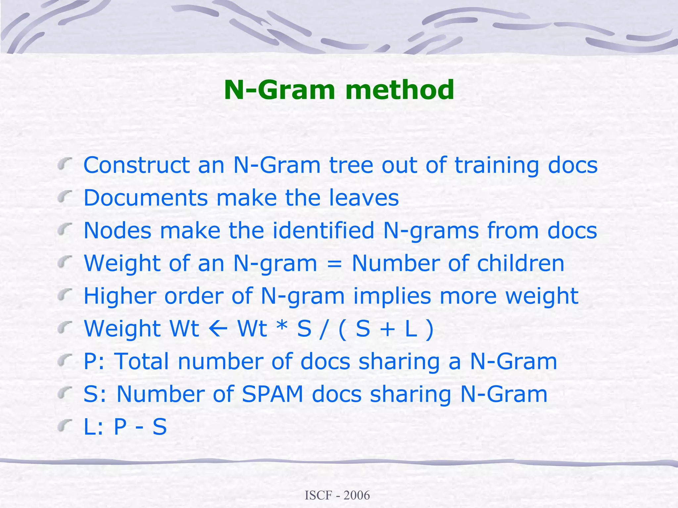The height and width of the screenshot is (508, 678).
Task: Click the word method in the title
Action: point(400,90)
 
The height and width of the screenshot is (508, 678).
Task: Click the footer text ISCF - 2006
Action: point(337,495)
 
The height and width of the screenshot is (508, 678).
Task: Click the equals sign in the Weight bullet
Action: point(334,264)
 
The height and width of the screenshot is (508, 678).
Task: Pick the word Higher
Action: point(120,296)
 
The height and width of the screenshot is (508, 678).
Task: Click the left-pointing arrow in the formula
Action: point(218,329)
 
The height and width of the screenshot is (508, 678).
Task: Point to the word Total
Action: point(142,361)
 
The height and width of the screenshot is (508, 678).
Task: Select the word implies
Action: point(392,296)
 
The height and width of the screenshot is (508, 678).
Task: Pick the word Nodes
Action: point(118,230)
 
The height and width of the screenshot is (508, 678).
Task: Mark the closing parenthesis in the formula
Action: point(429,329)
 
